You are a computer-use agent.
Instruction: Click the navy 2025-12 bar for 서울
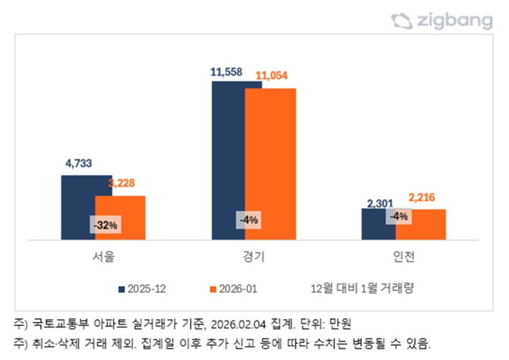pyautogui.click(x=77, y=205)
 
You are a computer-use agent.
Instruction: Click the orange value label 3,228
pyautogui.click(x=124, y=184)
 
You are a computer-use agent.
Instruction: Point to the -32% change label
pyautogui.click(x=106, y=226)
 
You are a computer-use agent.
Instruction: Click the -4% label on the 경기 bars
pyautogui.click(x=248, y=220)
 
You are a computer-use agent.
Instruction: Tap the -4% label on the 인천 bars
pyautogui.click(x=399, y=216)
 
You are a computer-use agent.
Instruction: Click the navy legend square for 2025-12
pyautogui.click(x=121, y=289)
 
